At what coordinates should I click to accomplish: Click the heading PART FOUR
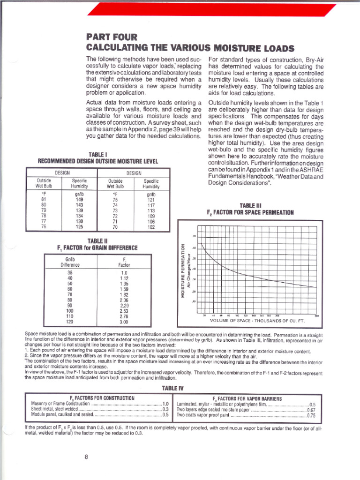pyautogui.click(x=112, y=37)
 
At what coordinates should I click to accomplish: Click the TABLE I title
pyautogui.click(x=98, y=155)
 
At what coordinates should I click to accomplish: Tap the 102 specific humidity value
pyautogui.click(x=151, y=228)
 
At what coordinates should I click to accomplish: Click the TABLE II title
pyautogui.click(x=98, y=241)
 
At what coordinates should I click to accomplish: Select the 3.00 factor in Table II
pyautogui.click(x=124, y=322)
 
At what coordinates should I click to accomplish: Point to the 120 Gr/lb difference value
pyautogui.click(x=70, y=322)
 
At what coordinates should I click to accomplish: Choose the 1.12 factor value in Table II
pyautogui.click(x=124, y=278)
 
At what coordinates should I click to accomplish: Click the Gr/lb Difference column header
pyautogui.click(x=70, y=262)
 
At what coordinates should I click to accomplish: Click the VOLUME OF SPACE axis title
pyautogui.click(x=257, y=321)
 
